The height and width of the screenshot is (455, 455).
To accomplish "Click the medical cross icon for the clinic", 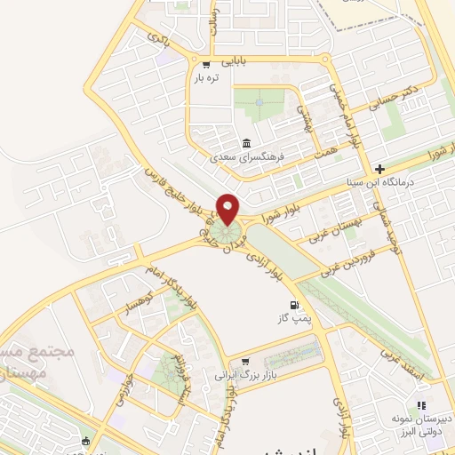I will click(379, 169).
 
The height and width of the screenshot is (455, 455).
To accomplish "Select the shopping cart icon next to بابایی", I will click(206, 63).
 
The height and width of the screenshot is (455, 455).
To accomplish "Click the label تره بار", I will click(206, 78).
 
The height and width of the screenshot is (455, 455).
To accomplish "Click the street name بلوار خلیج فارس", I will click(174, 188).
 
